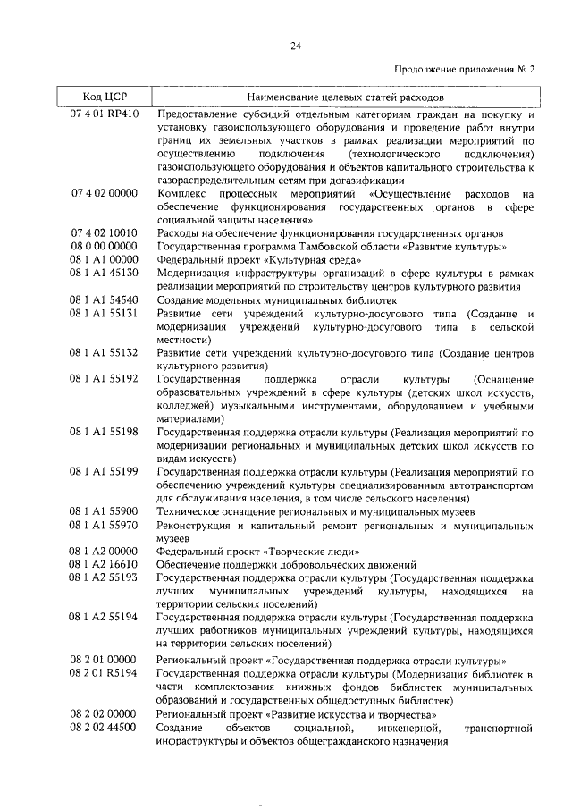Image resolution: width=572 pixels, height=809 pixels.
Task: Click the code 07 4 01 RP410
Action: click(x=104, y=114)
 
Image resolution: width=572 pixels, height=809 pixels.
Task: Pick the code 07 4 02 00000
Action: click(x=104, y=193)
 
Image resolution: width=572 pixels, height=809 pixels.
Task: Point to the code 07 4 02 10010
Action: click(x=104, y=232)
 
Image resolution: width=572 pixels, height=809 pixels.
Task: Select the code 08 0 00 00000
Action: click(x=104, y=246)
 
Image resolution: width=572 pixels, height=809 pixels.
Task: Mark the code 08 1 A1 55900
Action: click(x=104, y=510)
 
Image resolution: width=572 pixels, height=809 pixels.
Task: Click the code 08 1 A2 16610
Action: click(x=104, y=564)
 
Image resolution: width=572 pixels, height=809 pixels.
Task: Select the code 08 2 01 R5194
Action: click(x=104, y=673)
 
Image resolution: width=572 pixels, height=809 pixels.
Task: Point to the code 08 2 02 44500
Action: click(x=104, y=729)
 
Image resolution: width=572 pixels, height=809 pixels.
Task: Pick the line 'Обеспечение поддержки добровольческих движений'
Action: click(x=286, y=564)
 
